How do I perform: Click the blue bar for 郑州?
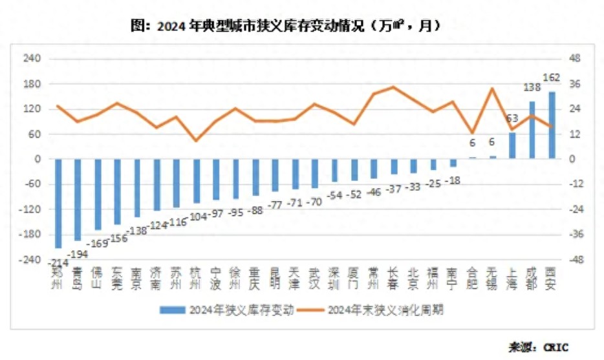pyautogui.click(x=58, y=203)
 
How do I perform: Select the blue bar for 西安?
pyautogui.click(x=552, y=125)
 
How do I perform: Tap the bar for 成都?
pyautogui.click(x=532, y=130)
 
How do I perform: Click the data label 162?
pyautogui.click(x=551, y=78)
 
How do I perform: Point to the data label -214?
pyautogui.click(x=58, y=260)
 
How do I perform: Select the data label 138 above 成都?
pyautogui.click(x=532, y=86)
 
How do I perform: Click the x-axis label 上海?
pyautogui.click(x=512, y=279)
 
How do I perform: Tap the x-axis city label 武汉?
pyautogui.click(x=314, y=279)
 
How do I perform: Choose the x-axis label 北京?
pyautogui.click(x=413, y=279)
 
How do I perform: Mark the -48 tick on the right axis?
pyautogui.click(x=574, y=260)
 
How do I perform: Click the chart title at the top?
pyautogui.click(x=285, y=26)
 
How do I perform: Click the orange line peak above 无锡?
pyautogui.click(x=493, y=89)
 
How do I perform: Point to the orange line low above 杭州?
pyautogui.click(x=196, y=140)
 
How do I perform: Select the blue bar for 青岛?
pyautogui.click(x=78, y=200)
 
